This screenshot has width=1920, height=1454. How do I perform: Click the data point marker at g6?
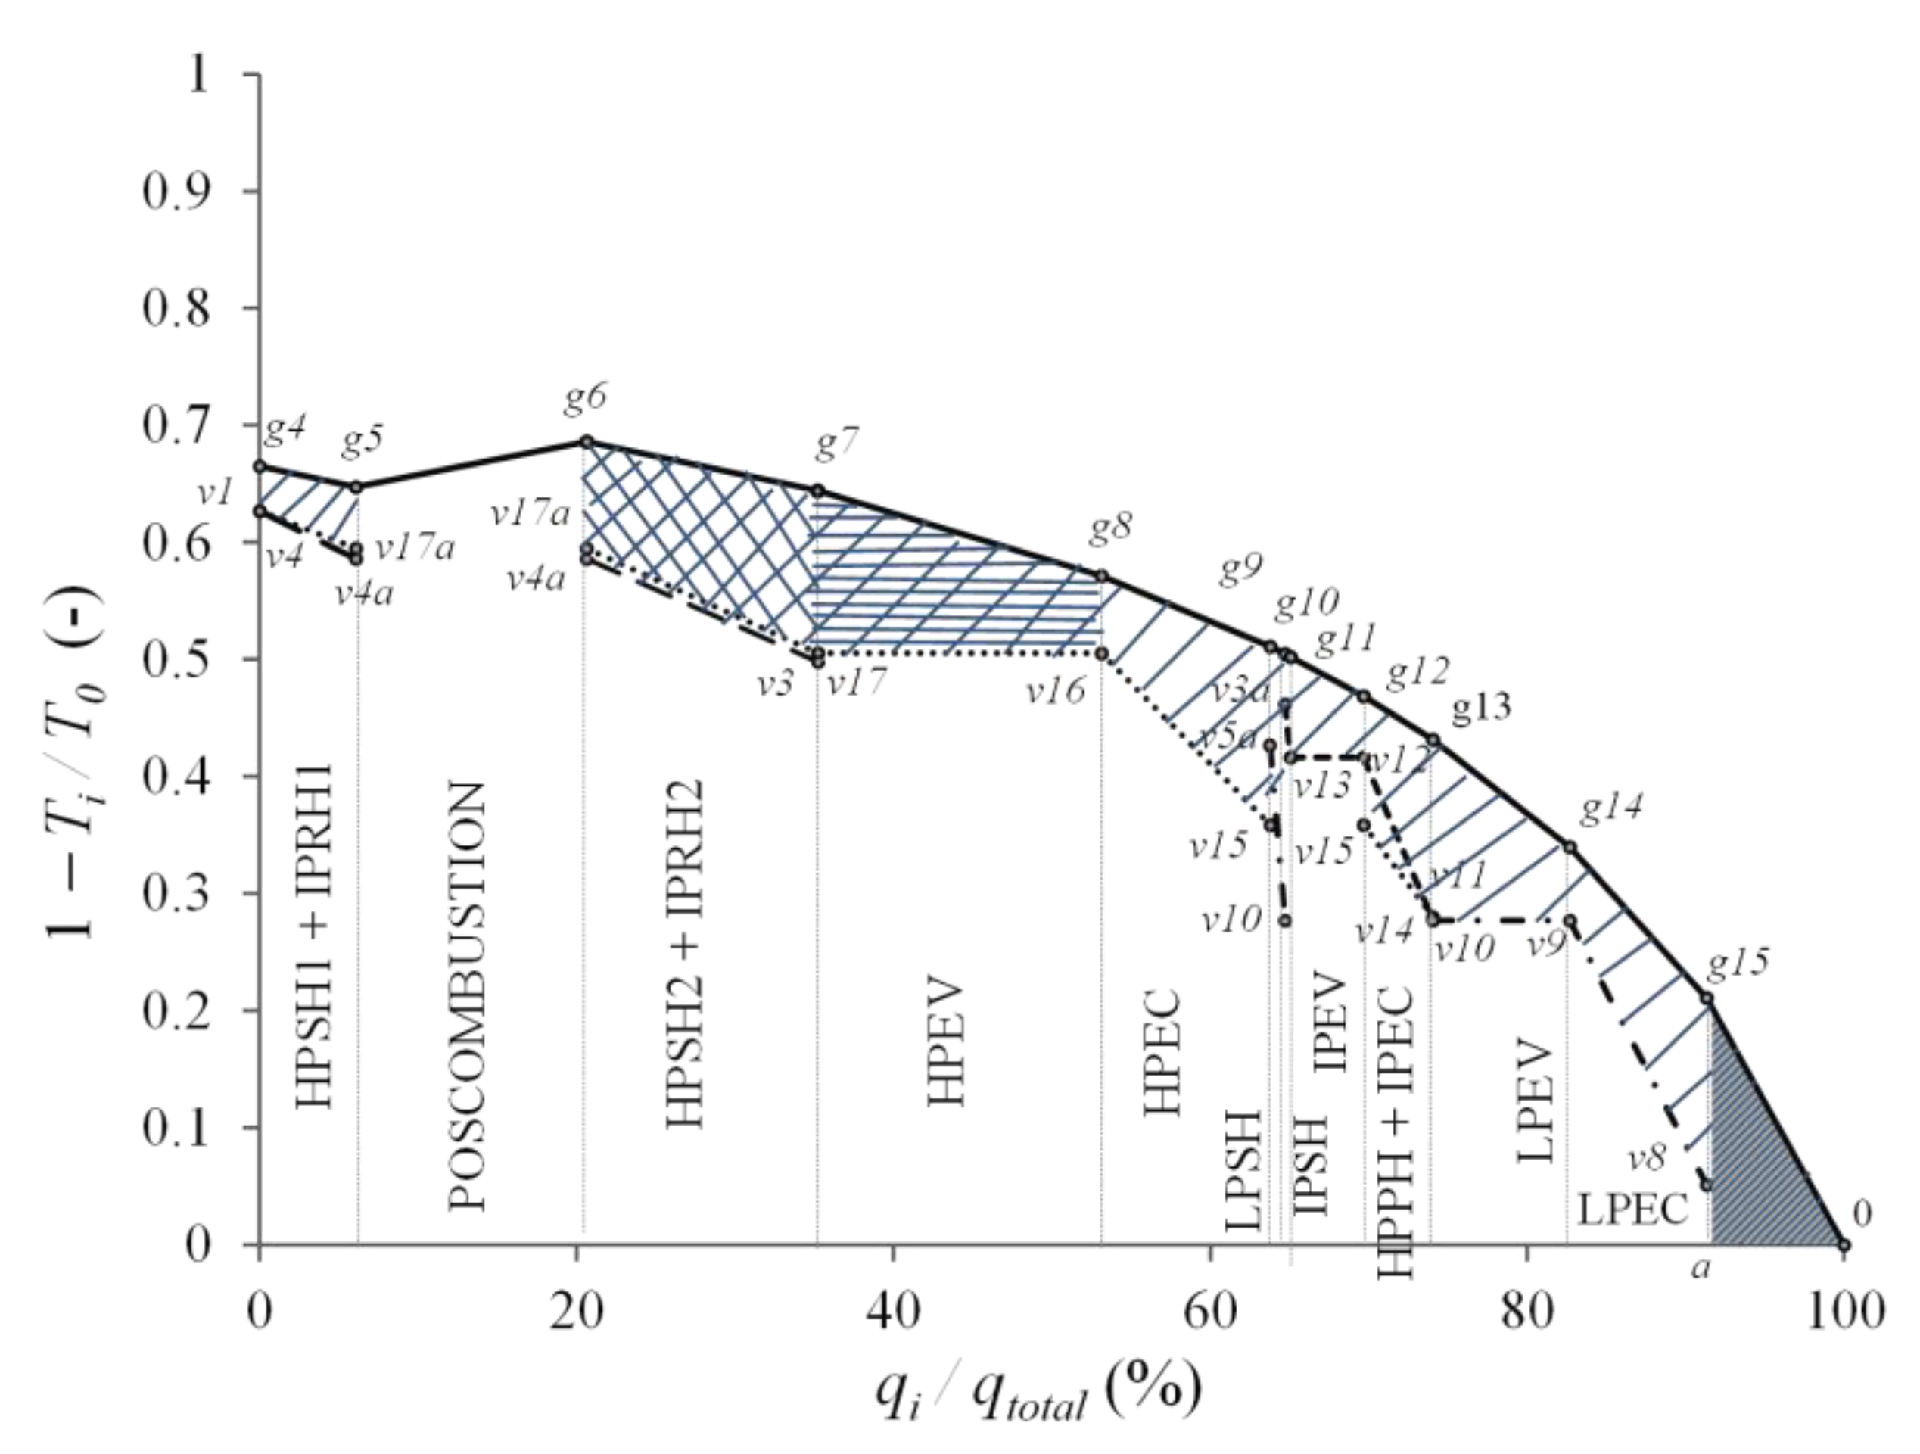pos(586,442)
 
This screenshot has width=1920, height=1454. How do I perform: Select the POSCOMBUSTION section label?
pos(466,998)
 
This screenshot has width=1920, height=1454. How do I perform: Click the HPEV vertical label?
pos(947,1042)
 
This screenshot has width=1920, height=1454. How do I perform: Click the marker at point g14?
pos(1570,847)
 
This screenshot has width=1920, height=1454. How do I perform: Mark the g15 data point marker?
pos(1707,998)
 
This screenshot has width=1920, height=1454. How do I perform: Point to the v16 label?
pos(1056,691)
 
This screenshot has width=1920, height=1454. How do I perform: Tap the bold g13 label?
pos(1482,708)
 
